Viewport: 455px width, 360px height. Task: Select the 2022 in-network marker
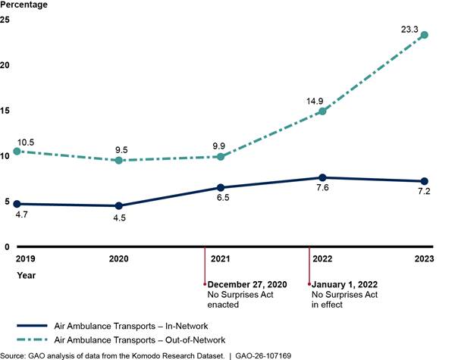(322, 177)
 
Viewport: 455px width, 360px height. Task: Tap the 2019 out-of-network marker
(17, 151)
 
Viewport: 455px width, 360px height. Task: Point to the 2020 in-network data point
(118, 205)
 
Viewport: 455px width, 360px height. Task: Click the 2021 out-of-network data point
(221, 156)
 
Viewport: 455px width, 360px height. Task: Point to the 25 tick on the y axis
(5, 19)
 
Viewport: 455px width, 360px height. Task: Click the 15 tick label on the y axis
(5, 111)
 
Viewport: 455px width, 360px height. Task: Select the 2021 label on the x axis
(221, 258)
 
